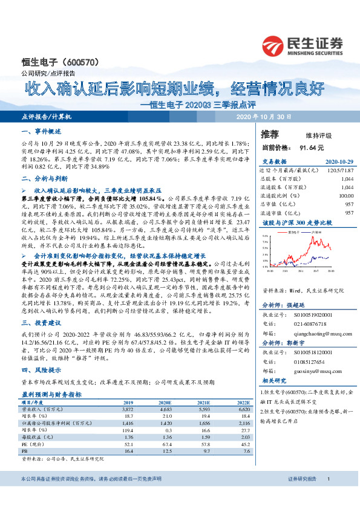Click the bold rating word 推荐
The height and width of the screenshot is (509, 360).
[270, 133]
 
